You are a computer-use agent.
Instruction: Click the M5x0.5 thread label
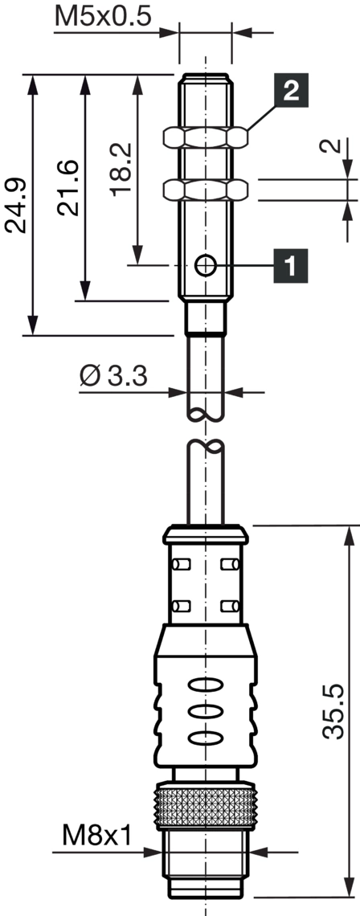[x=102, y=16]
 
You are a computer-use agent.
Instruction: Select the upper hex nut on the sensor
[x=205, y=137]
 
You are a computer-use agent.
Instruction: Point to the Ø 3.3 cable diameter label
[x=114, y=375]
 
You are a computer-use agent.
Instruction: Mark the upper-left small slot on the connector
[x=180, y=566]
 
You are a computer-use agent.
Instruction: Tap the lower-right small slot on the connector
[x=229, y=605]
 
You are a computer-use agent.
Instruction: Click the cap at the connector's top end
[x=205, y=534]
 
